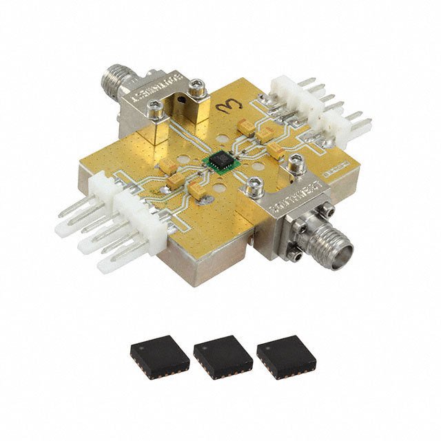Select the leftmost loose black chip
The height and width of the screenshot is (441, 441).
159,355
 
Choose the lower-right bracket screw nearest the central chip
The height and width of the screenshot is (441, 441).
254,185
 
